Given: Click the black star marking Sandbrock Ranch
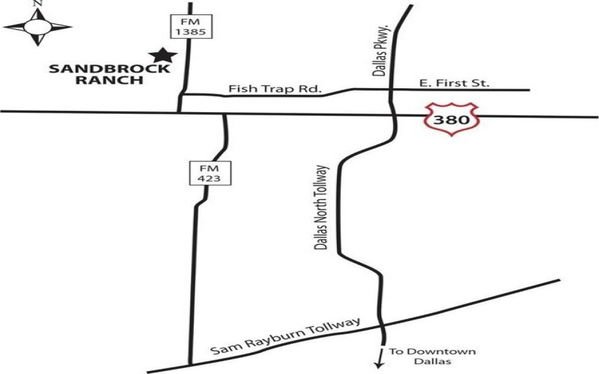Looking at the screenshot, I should click(x=161, y=55).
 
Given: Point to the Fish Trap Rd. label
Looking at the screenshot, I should click(x=275, y=90).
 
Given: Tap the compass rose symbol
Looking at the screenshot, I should click(x=37, y=28).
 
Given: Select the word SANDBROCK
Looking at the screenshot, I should click(x=109, y=70).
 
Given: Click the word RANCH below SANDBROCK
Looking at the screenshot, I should click(x=110, y=81).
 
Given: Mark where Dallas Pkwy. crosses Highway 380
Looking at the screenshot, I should click(x=391, y=114).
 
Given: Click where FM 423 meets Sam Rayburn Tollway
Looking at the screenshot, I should click(x=190, y=364).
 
